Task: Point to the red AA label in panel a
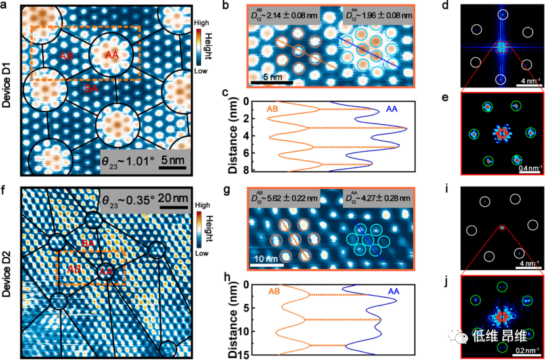tap(112, 55)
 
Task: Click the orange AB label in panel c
tap(278, 108)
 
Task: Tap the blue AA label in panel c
tap(391, 108)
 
